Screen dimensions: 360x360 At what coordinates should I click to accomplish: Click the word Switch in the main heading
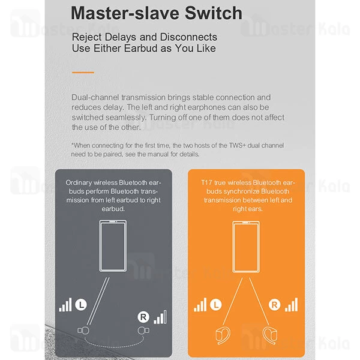213,13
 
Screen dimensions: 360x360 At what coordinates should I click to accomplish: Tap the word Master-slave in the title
125,13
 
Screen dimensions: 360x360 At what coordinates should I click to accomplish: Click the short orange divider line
83,73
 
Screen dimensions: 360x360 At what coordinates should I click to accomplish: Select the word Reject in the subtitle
86,37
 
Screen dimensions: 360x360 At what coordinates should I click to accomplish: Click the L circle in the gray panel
81,305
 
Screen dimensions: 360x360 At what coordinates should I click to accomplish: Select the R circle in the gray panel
143,317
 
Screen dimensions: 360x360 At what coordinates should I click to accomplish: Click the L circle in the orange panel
216,305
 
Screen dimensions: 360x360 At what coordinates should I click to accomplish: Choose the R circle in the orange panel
275,305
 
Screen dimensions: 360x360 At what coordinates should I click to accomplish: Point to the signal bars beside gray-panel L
65,305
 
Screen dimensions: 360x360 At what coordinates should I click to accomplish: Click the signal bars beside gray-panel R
160,317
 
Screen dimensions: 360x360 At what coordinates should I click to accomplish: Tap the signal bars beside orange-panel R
292,305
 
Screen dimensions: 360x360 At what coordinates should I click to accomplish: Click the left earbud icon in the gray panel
83,331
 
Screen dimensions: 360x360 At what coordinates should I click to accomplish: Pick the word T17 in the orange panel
206,183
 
